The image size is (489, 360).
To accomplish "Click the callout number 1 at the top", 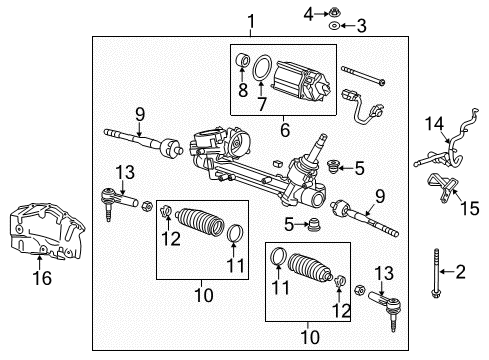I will (250, 20).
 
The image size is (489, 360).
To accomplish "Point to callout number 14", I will (431, 123).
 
